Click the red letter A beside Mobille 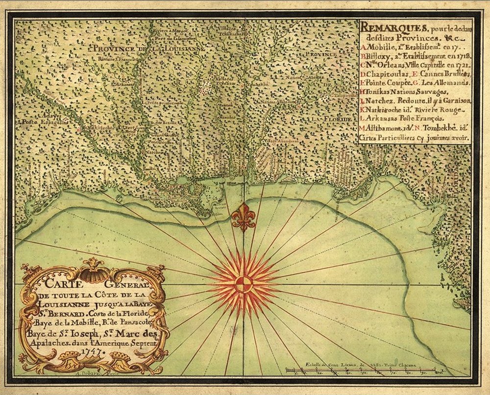pyautogui.click(x=362, y=47)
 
